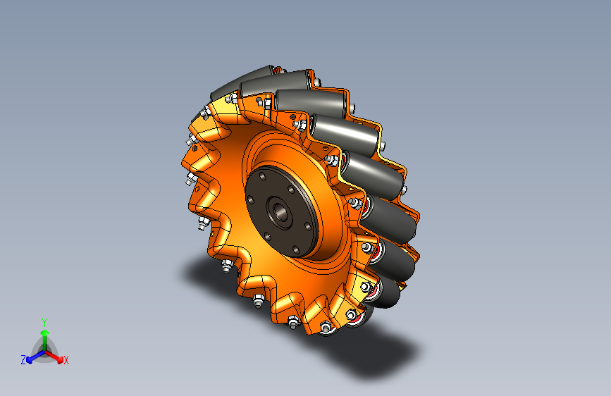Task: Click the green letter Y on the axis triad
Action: click(x=44, y=323)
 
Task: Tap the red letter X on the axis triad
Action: click(x=66, y=360)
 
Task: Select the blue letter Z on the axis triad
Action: click(x=23, y=360)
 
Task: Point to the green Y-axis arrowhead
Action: click(x=45, y=333)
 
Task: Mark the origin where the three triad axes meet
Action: click(x=45, y=352)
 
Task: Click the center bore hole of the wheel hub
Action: click(x=280, y=211)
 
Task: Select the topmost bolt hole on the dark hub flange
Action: click(x=263, y=177)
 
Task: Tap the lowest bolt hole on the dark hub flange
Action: click(x=296, y=249)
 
